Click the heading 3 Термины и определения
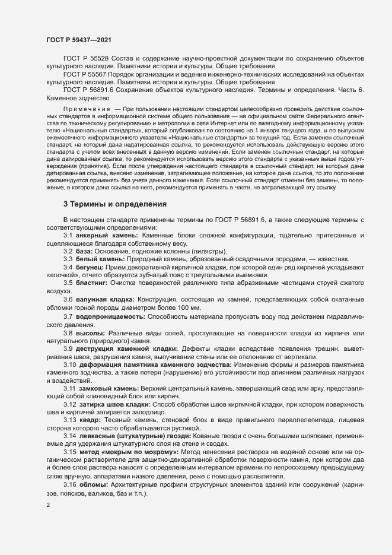click(115, 221)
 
